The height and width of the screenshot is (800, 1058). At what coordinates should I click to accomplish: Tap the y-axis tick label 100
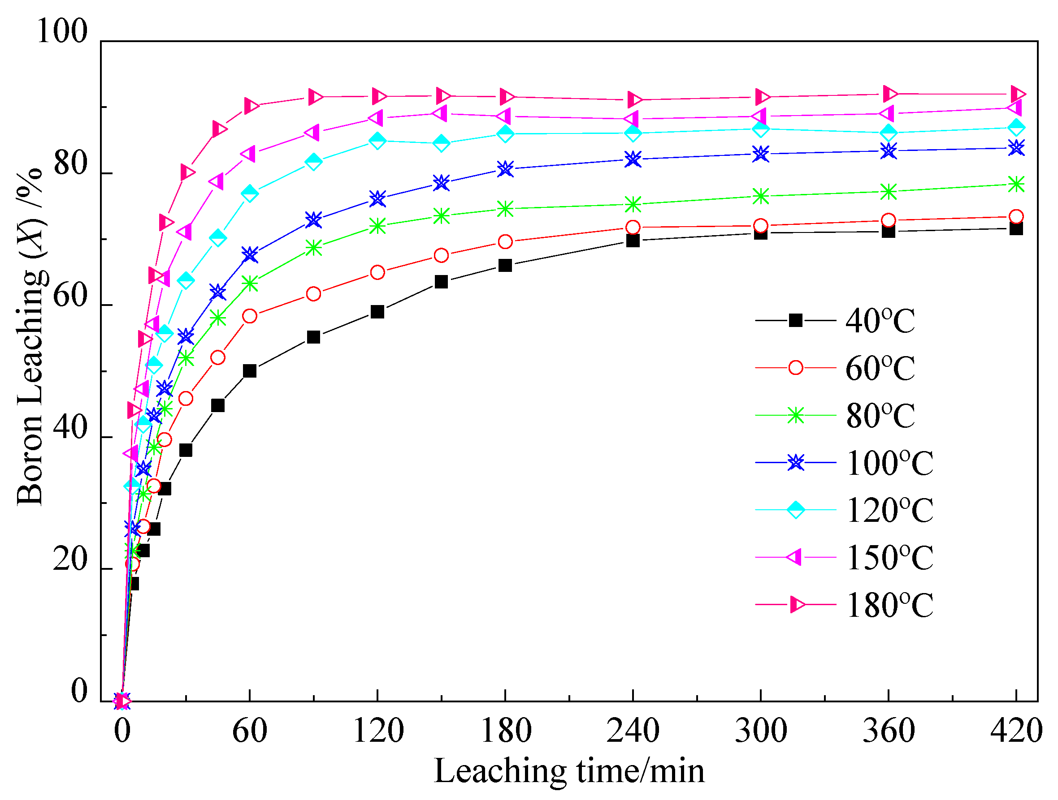[62, 31]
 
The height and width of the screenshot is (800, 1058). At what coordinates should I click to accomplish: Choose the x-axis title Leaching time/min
[569, 771]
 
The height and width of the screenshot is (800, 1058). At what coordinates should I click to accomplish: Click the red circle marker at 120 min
[377, 272]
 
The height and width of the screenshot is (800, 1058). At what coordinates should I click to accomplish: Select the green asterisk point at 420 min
[1016, 184]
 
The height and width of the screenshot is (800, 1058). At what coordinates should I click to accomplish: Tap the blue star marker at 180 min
[505, 169]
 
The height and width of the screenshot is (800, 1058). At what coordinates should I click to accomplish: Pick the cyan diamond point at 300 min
[760, 129]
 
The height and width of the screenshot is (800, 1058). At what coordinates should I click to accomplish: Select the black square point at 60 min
[250, 371]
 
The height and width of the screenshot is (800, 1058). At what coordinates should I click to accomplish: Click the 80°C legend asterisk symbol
[795, 415]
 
